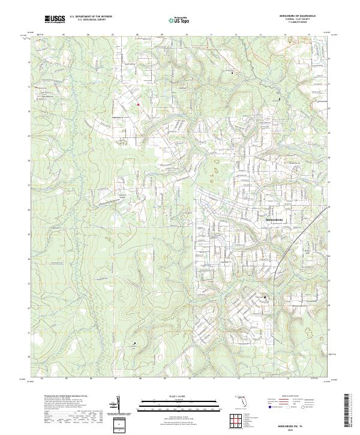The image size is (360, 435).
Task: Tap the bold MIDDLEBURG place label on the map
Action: point(277,220)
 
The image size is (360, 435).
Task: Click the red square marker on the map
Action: point(138,105)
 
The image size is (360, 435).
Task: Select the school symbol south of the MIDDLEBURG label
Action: point(264,296)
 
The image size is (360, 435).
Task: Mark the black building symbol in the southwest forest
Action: point(135,343)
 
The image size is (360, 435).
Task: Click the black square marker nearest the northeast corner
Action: point(280,99)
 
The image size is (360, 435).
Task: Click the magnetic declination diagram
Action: point(118,405)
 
